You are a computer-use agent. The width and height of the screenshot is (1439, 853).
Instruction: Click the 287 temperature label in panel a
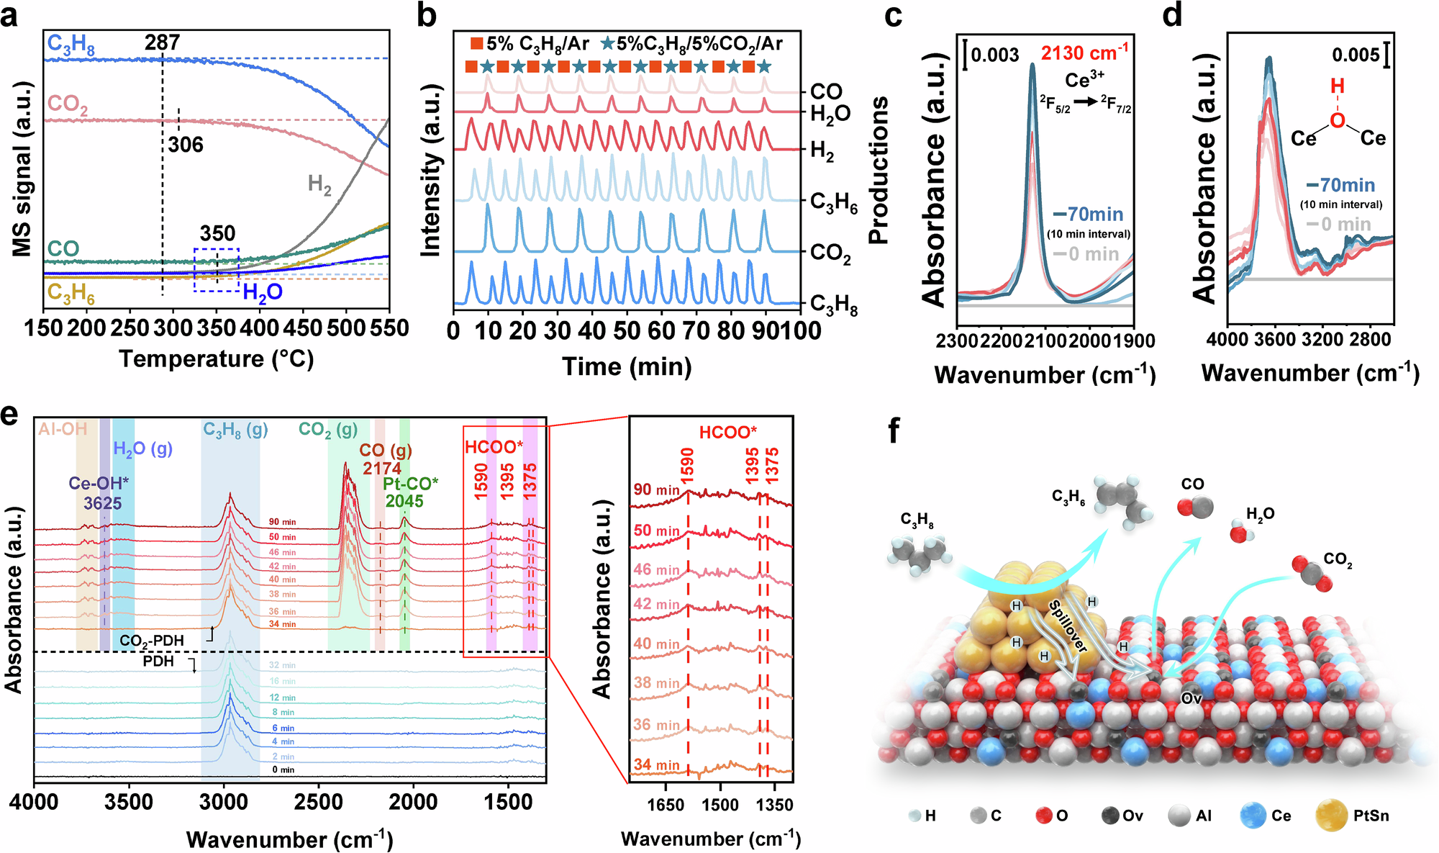[162, 43]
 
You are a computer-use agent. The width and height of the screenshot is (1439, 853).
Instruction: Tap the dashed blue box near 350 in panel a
[217, 270]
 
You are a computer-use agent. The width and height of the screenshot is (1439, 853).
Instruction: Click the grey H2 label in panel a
[319, 185]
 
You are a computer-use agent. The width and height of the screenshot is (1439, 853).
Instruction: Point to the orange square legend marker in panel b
[476, 44]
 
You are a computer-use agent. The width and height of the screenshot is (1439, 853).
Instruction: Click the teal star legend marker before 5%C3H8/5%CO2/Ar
[607, 44]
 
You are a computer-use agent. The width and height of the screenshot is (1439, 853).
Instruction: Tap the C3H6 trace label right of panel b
[833, 203]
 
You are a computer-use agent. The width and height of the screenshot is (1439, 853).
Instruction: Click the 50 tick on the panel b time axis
[627, 330]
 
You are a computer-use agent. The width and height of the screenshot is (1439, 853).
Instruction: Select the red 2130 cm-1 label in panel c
[1084, 53]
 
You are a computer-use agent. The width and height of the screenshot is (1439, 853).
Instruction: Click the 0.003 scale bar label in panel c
[995, 55]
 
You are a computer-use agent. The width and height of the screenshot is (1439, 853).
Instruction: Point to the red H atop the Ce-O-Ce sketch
[1337, 87]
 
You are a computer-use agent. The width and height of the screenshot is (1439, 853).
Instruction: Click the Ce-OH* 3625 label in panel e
[99, 493]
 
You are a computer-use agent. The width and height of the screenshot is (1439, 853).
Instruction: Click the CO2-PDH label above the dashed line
[152, 641]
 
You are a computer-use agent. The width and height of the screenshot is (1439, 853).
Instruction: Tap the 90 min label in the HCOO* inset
[656, 490]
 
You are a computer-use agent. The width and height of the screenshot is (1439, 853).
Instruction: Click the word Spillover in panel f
[1068, 626]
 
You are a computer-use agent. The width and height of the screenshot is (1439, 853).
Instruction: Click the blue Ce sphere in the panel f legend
[1253, 816]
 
